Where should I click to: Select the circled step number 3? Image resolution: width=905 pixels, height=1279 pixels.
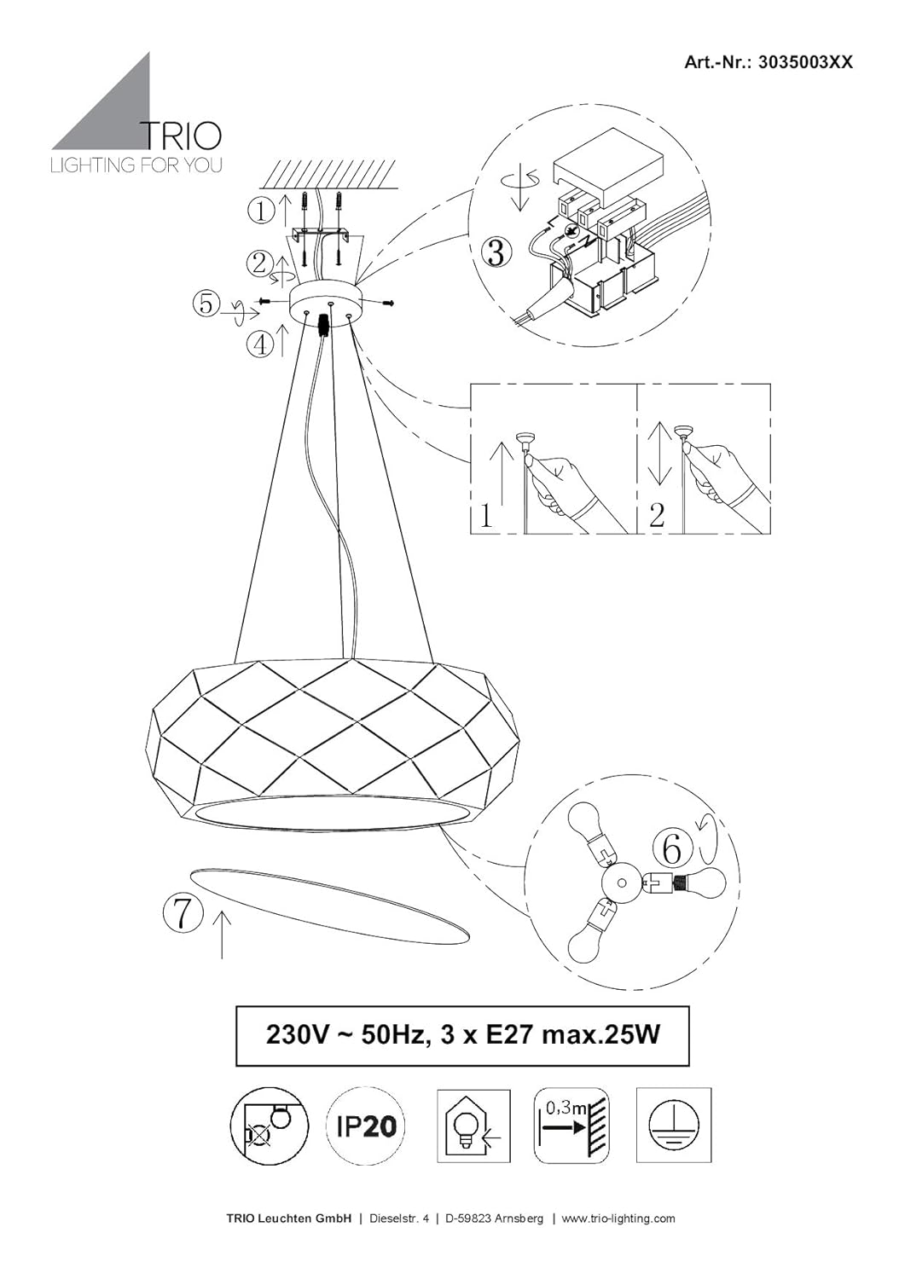[x=496, y=253]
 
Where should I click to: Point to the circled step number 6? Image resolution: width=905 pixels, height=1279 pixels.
[x=671, y=848]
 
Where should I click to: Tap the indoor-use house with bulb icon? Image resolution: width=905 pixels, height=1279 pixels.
[x=473, y=1126]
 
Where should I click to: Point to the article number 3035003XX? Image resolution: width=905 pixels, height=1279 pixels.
[x=805, y=62]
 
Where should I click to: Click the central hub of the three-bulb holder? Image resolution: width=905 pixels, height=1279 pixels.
[x=622, y=883]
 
